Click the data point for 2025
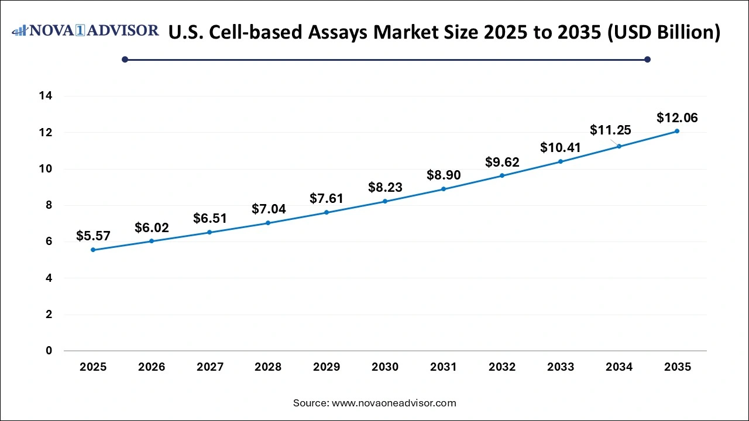[x=93, y=250]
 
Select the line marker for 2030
[x=385, y=201]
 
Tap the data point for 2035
[x=677, y=131]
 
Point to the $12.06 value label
[x=677, y=118]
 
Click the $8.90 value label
[x=444, y=175]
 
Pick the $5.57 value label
[x=93, y=236]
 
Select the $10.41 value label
[x=561, y=147]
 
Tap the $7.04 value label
[x=268, y=209]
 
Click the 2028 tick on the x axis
[x=268, y=367]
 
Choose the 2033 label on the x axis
[x=561, y=367]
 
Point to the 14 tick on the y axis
[x=46, y=96]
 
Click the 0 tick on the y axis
[x=49, y=351]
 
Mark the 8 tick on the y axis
[x=49, y=205]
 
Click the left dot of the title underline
[x=125, y=59]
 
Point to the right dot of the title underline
[x=647, y=59]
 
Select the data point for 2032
[x=502, y=175]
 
